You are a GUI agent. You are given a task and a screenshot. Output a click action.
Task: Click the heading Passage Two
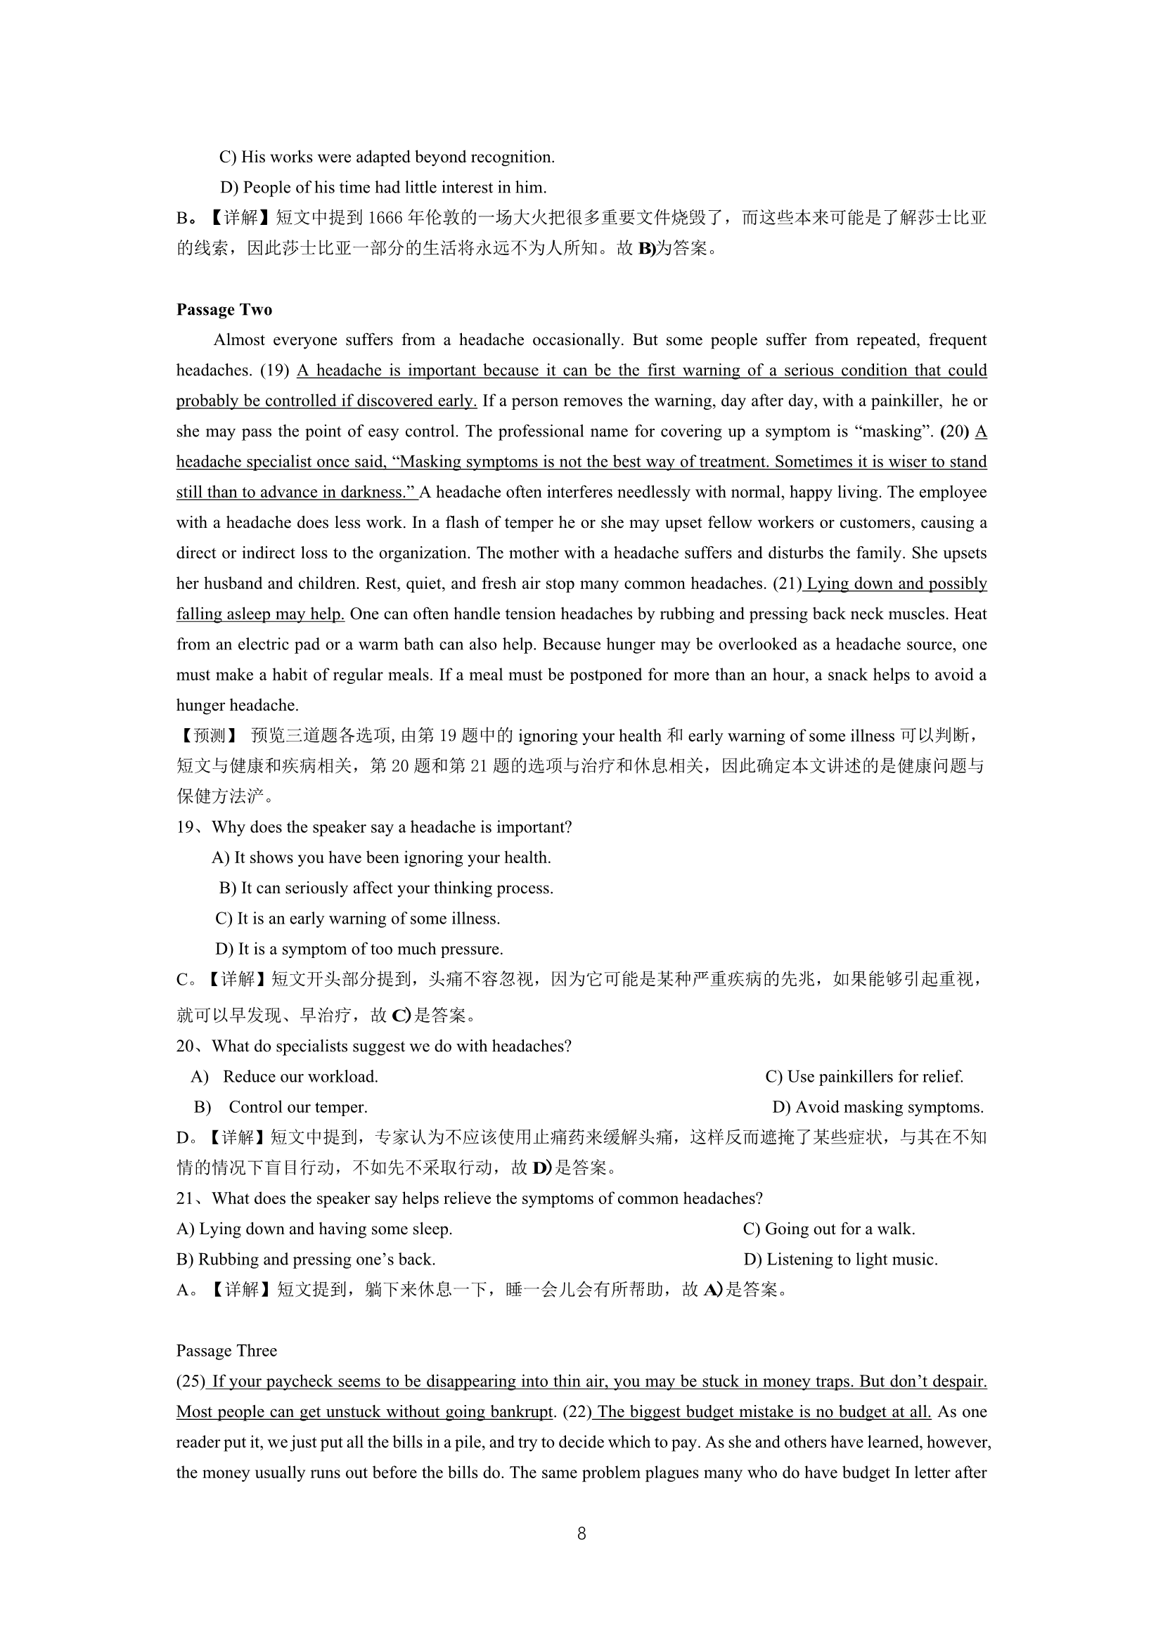(x=224, y=309)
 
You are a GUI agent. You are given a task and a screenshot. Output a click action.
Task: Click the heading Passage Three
(x=226, y=1350)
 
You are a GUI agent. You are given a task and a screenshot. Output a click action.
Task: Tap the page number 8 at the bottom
(x=581, y=1533)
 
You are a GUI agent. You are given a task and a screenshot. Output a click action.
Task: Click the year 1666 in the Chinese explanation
(x=386, y=218)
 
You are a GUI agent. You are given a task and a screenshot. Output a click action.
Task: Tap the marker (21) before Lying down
(x=787, y=583)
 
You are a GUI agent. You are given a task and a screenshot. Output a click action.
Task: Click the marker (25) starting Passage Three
(x=191, y=1381)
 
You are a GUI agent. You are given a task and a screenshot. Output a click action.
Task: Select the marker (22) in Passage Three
(x=578, y=1411)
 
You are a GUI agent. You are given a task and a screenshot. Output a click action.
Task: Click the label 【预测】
(x=206, y=736)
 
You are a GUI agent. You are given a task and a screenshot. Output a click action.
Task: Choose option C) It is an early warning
(x=357, y=919)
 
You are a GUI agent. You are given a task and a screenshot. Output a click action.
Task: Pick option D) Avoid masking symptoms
(x=878, y=1107)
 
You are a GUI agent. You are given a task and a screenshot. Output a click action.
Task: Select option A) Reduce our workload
(x=284, y=1077)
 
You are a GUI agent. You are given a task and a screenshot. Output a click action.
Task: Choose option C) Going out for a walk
(x=828, y=1229)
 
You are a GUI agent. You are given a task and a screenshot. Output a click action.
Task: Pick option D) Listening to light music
(x=840, y=1260)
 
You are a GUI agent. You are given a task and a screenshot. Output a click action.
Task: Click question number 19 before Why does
(x=186, y=828)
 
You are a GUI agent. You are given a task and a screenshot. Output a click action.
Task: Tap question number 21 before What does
(x=186, y=1198)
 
